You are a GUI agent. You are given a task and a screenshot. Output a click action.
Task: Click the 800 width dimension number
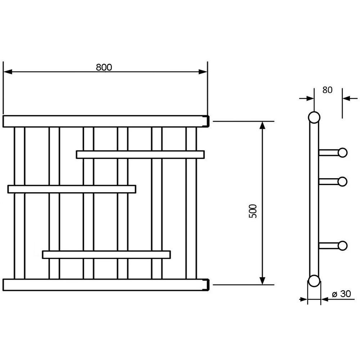click(x=104, y=67)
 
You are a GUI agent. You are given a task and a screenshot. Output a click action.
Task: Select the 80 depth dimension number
click(x=327, y=90)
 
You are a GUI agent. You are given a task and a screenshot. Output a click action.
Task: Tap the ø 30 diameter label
click(x=341, y=294)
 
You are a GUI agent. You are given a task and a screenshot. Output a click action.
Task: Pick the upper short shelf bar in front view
click(x=140, y=154)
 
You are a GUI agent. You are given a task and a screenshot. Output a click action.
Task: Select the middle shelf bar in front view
click(x=72, y=189)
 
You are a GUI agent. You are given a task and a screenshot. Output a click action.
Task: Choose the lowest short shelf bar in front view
click(x=106, y=255)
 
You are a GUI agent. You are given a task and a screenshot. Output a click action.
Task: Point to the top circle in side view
click(x=314, y=118)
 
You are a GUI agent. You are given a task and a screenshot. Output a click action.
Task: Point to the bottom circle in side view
click(x=314, y=281)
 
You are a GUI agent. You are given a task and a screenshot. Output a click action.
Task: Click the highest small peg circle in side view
click(x=342, y=153)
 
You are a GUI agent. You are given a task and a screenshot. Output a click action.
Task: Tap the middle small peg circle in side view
click(x=342, y=181)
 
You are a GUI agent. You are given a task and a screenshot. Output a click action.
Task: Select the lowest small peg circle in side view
click(x=342, y=246)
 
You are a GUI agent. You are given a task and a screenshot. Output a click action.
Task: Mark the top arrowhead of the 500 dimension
click(x=262, y=126)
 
